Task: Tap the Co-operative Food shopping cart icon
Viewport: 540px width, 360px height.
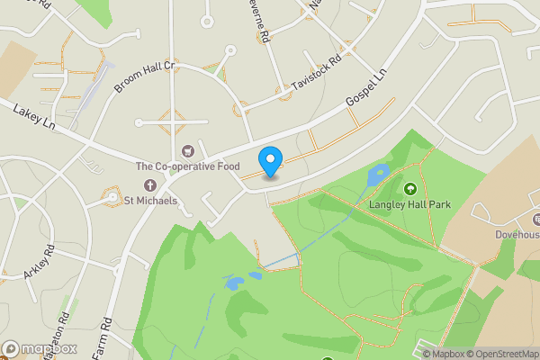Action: [188, 151]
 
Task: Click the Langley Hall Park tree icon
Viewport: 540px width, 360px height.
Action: [411, 189]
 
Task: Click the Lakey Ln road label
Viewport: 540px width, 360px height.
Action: [34, 116]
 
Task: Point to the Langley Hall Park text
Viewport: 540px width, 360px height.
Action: [409, 204]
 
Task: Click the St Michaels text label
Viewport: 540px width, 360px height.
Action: [150, 200]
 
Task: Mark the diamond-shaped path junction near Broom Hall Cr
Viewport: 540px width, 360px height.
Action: [171, 121]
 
